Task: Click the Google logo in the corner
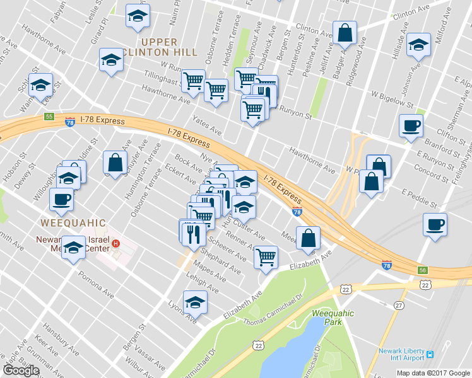point(21,370)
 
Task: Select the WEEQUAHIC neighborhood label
point(71,224)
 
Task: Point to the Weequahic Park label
point(333,318)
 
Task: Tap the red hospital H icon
point(115,244)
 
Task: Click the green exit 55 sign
point(49,117)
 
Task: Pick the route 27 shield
point(399,306)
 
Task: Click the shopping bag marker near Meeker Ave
point(309,238)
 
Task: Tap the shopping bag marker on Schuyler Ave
point(115,163)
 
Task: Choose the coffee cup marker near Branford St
point(411,125)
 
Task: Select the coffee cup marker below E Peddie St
point(435,224)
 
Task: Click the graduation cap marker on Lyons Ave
point(195,302)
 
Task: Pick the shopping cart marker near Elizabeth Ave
point(266,257)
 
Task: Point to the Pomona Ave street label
point(95,285)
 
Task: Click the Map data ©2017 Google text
point(432,372)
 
